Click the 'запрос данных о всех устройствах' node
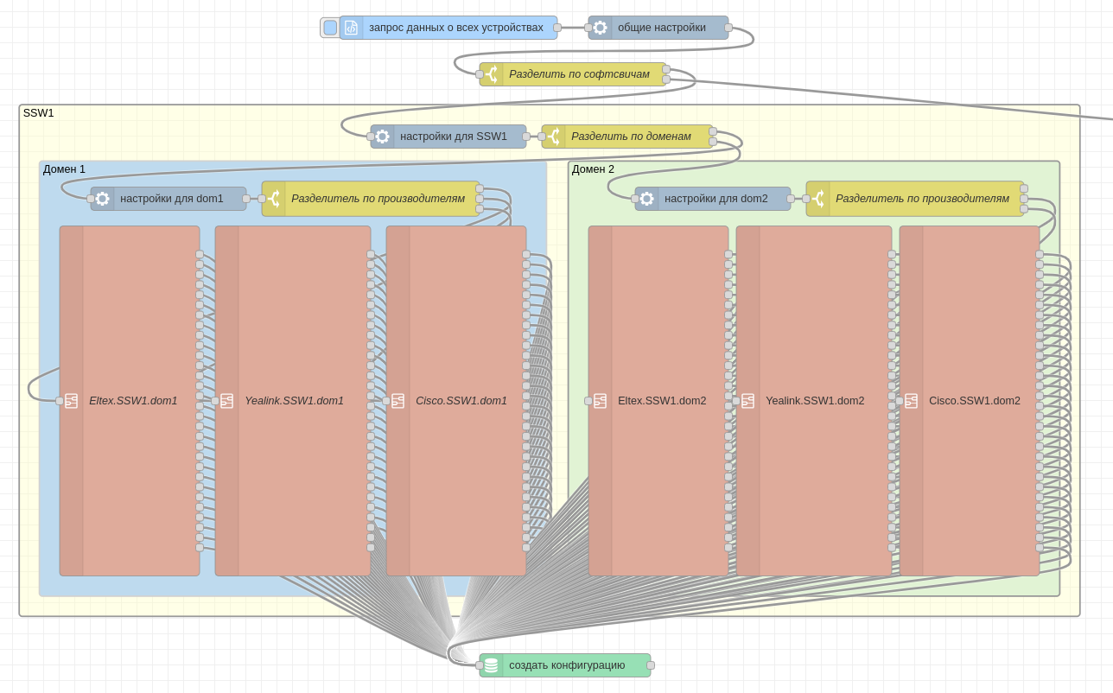click(x=455, y=28)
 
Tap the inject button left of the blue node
click(x=330, y=28)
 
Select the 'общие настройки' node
click(x=661, y=28)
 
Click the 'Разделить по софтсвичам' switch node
click(x=579, y=74)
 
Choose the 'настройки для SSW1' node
click(x=453, y=137)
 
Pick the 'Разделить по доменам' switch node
click(x=631, y=137)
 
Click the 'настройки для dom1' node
click(x=171, y=199)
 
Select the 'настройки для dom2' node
click(x=715, y=199)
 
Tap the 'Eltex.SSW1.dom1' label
click(x=133, y=401)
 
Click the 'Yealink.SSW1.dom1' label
click(x=294, y=401)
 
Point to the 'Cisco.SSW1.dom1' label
click(x=461, y=401)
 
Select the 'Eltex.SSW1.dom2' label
click(x=662, y=401)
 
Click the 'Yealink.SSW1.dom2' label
click(x=815, y=401)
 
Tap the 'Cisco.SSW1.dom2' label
click(x=975, y=401)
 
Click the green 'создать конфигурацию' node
click(x=566, y=665)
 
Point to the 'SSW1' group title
click(x=38, y=113)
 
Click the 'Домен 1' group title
click(x=64, y=169)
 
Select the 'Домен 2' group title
click(x=593, y=169)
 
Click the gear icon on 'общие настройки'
click(x=600, y=28)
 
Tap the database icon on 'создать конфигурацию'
click(x=491, y=665)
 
